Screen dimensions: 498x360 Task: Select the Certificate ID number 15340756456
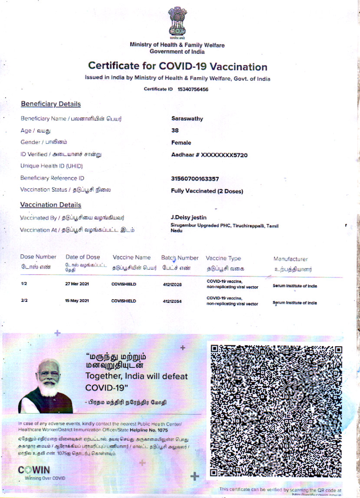point(193,89)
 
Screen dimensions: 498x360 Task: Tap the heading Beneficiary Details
point(51,104)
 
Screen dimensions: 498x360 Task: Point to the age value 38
point(175,131)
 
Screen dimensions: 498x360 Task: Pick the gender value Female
point(181,143)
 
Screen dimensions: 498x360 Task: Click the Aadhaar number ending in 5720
point(209,155)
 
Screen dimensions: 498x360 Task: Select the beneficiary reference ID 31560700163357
point(195,178)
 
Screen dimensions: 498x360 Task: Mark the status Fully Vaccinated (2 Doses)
point(207,191)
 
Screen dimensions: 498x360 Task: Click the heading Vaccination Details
point(51,205)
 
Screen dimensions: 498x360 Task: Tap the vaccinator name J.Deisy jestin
point(189,217)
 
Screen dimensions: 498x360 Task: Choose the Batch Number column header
point(180,258)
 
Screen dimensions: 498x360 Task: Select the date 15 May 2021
point(77,301)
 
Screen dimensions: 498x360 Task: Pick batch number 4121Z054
point(172,301)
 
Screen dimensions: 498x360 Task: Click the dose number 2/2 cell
point(24,301)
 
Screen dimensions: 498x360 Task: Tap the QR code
point(276,410)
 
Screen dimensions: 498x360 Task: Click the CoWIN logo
point(34,470)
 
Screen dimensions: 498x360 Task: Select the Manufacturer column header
point(291,259)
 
